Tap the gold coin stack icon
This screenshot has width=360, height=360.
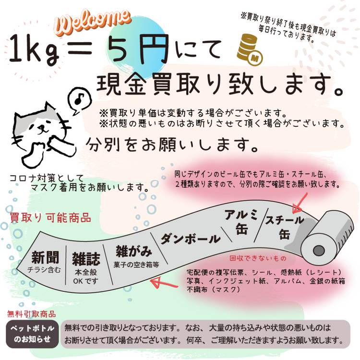pyautogui.click(x=249, y=49)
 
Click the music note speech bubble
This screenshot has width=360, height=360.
pyautogui.click(x=80, y=100)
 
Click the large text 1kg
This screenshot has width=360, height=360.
pyautogui.click(x=34, y=49)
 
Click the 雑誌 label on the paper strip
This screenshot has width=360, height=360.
pyautogui.click(x=86, y=259)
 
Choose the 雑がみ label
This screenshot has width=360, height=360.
pyautogui.click(x=134, y=251)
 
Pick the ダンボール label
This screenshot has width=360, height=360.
pyautogui.click(x=191, y=239)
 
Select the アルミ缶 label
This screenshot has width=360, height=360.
pyautogui.click(x=241, y=222)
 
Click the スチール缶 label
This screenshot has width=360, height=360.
pyautogui.click(x=285, y=228)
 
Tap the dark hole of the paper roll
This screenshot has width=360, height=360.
pyautogui.click(x=318, y=250)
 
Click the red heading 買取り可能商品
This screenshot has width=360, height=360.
pyautogui.click(x=50, y=217)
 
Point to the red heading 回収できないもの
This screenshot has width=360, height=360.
pyautogui.click(x=258, y=258)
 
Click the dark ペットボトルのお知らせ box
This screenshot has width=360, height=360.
pyautogui.click(x=32, y=334)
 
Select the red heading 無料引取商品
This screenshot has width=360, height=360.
pyautogui.click(x=32, y=314)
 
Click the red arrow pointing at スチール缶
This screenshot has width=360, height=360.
pyautogui.click(x=300, y=203)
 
